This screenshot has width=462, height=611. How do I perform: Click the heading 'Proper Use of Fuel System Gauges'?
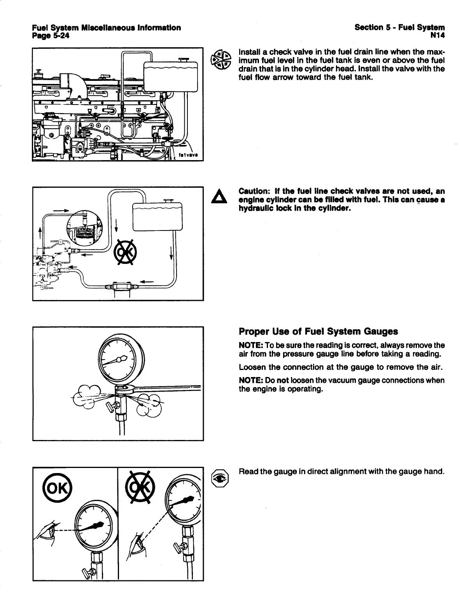[318, 332]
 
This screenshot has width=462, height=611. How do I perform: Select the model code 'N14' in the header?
[437, 35]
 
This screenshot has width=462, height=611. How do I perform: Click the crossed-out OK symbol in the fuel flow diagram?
[124, 252]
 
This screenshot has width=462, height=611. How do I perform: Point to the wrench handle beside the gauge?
[167, 387]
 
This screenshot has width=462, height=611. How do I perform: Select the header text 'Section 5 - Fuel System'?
[399, 28]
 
